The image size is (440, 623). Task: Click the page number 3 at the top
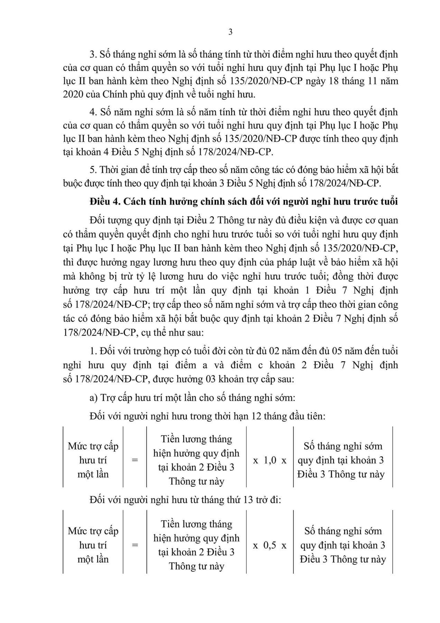[x=231, y=32]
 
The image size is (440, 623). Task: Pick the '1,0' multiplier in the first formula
[x=270, y=460]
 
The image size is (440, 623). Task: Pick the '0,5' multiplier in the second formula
[x=270, y=545]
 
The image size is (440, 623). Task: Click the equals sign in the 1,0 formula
[x=135, y=460]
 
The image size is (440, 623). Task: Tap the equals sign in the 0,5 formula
[x=135, y=545]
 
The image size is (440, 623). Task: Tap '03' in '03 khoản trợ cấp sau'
[x=212, y=379]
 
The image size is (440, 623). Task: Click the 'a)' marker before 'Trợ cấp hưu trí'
[x=94, y=398]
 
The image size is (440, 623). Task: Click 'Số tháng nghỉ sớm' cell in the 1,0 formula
[x=343, y=446]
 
